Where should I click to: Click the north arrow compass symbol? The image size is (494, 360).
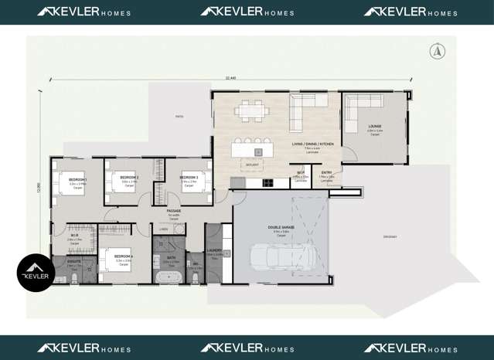(436, 51)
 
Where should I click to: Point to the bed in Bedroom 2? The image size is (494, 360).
(123, 181)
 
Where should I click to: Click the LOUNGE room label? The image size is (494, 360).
(375, 126)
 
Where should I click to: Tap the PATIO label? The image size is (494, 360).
(179, 117)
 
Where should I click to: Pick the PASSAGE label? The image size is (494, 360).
(174, 211)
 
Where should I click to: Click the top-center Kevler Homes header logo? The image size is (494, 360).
(247, 12)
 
